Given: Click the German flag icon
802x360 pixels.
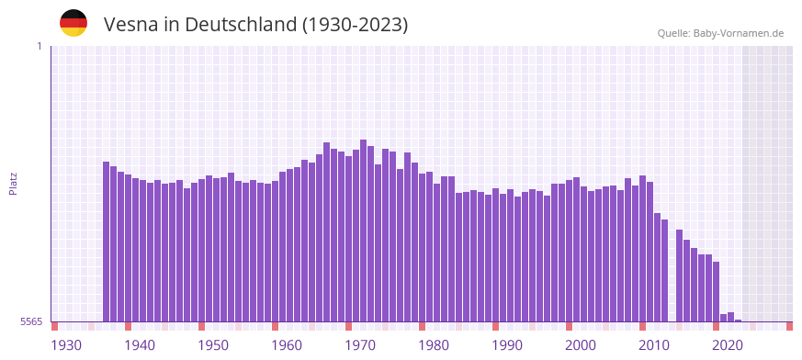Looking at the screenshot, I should (x=73, y=23).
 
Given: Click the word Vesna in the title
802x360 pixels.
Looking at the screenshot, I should (x=130, y=25).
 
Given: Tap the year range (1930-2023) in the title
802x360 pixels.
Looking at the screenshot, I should (x=355, y=25).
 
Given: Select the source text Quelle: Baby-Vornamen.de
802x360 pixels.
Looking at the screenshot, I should (x=720, y=34).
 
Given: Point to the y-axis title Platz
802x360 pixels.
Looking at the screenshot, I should (x=13, y=183).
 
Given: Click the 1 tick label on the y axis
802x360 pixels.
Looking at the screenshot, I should (x=40, y=46).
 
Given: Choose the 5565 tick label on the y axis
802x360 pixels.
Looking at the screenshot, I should (x=31, y=321).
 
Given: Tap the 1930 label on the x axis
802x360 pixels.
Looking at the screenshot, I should (x=66, y=345).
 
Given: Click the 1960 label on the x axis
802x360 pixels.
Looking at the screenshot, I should (x=287, y=345).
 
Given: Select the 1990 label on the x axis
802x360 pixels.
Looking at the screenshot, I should (x=507, y=345).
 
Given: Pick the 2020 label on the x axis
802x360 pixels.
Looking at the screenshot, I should (x=728, y=345).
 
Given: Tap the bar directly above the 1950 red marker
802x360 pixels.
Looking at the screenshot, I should (x=202, y=250).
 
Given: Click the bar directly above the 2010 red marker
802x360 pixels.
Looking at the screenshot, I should (x=643, y=248).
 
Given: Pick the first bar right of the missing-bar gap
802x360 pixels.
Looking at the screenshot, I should (x=680, y=276).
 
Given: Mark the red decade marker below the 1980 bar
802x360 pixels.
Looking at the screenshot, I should (x=423, y=326).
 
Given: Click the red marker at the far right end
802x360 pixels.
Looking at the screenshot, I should (x=789, y=326).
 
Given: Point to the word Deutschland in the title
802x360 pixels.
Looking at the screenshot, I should (x=242, y=25).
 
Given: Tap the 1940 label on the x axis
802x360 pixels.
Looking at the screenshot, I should (x=140, y=345).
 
